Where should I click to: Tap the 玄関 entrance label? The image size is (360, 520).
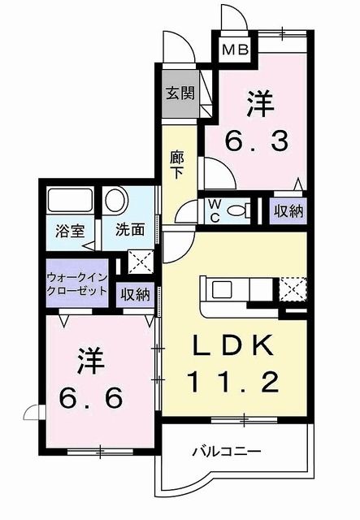[180, 93]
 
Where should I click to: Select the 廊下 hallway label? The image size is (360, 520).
[178, 164]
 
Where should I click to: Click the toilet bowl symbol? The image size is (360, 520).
[238, 210]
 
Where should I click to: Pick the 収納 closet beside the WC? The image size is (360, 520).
[288, 210]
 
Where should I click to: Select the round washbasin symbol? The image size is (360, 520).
[115, 200]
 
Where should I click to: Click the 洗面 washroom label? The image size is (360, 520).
[129, 229]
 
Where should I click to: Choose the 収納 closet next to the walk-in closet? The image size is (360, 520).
[135, 294]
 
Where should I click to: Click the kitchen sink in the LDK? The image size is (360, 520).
[222, 289]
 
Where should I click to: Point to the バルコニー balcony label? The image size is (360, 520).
[227, 449]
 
